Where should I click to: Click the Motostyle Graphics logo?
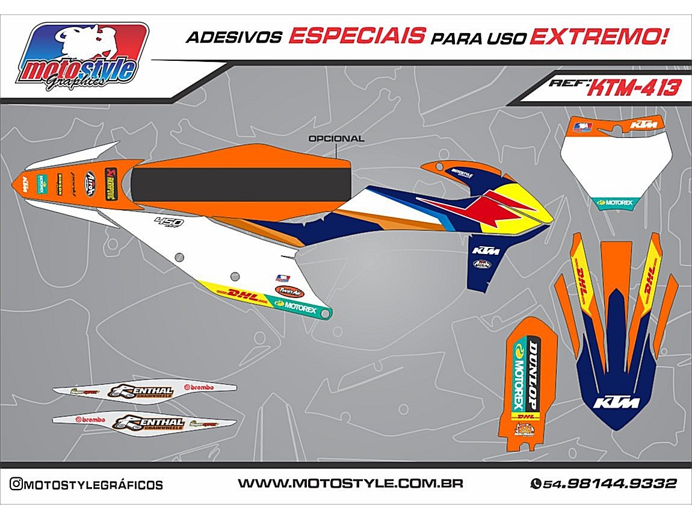click(x=82, y=57)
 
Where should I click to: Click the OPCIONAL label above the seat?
click(x=336, y=138)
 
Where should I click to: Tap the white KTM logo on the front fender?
click(x=617, y=402)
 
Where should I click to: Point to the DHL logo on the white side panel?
click(x=242, y=295)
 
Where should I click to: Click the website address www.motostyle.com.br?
click(x=350, y=483)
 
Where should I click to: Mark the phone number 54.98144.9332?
click(x=610, y=483)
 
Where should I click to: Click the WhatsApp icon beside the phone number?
click(x=535, y=483)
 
